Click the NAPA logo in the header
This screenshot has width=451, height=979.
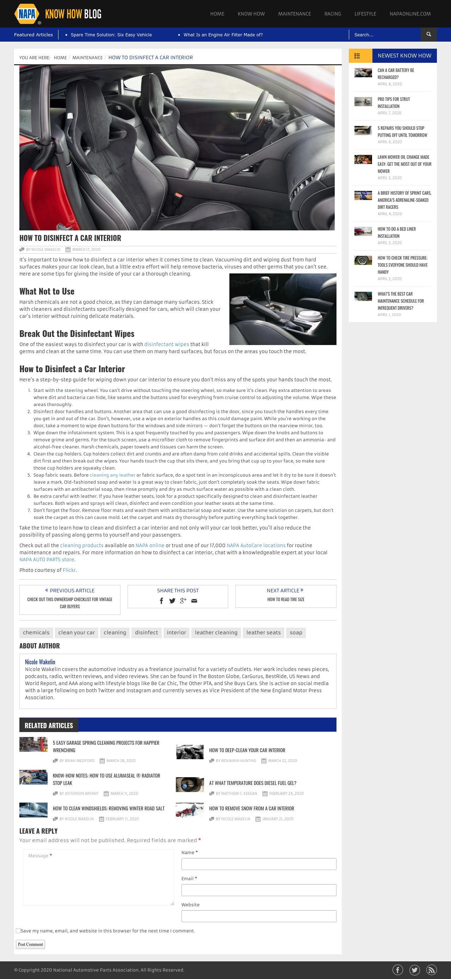click(27, 14)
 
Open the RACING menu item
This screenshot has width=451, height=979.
click(333, 14)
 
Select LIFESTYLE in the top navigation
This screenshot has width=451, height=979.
click(365, 14)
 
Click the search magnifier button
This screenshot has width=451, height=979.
click(428, 35)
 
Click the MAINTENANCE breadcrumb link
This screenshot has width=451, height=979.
click(87, 58)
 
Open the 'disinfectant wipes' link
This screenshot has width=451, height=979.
click(167, 344)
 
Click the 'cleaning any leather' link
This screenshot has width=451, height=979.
click(112, 475)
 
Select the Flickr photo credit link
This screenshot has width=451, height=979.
click(69, 570)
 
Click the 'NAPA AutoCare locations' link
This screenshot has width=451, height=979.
click(256, 545)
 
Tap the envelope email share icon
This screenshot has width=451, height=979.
click(194, 601)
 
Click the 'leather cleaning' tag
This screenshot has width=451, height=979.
click(216, 633)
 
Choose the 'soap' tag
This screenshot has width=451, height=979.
click(296, 633)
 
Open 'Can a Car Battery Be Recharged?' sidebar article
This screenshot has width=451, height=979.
click(396, 74)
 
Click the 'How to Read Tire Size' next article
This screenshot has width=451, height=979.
click(285, 599)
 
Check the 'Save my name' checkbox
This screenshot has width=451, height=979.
click(18, 931)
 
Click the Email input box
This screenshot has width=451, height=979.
click(259, 890)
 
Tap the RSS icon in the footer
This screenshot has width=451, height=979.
click(431, 970)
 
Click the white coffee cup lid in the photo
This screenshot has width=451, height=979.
click(310, 315)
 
